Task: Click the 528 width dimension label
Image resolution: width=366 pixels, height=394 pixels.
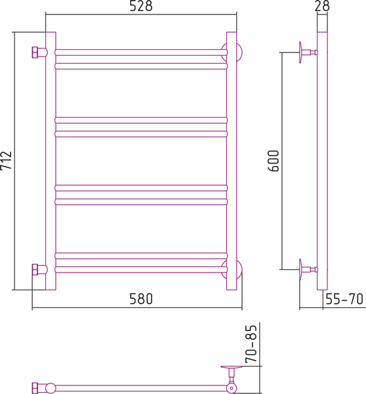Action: (141, 6)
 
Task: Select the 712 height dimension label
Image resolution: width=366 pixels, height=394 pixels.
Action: (6, 161)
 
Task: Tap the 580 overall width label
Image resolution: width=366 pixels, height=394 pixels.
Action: (141, 299)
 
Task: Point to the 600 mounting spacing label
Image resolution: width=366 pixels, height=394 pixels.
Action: (274, 161)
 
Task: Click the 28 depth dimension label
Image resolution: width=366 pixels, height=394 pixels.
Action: (322, 6)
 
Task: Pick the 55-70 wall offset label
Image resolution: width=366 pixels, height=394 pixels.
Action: (344, 299)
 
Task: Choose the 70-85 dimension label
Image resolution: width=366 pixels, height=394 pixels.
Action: (251, 344)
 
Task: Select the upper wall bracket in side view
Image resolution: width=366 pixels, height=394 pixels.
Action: (308, 53)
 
